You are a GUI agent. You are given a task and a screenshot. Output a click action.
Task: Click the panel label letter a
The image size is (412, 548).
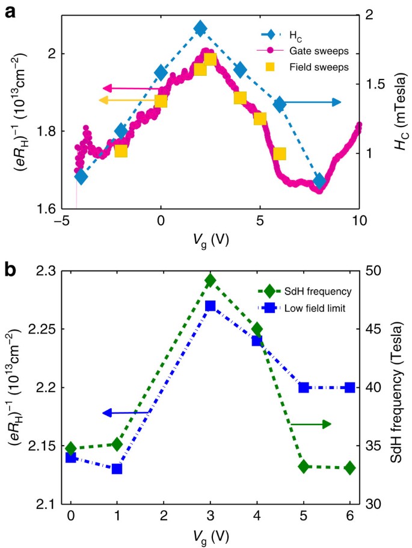[10, 10]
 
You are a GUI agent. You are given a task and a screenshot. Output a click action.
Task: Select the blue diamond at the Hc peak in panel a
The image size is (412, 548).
[200, 28]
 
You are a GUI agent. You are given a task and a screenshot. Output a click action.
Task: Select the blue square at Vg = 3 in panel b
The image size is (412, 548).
[211, 306]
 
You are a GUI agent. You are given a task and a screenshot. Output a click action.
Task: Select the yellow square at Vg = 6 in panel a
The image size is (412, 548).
[279, 154]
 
